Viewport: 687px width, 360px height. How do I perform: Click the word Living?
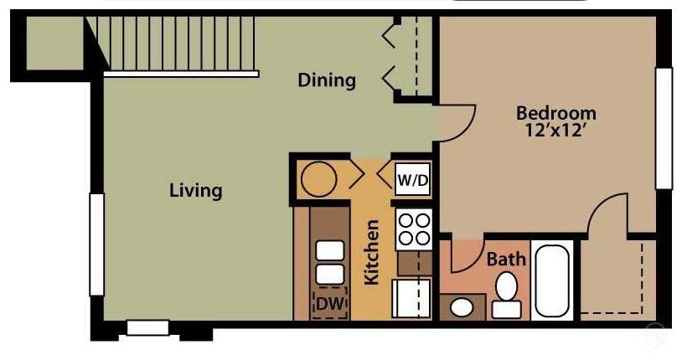tap(196, 190)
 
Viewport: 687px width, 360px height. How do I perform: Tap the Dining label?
tap(327, 80)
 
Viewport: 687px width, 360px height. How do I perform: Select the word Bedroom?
tap(555, 112)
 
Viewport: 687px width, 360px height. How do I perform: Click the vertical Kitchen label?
tap(372, 252)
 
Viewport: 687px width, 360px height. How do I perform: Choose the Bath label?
tap(506, 260)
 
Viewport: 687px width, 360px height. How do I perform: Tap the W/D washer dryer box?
tap(412, 179)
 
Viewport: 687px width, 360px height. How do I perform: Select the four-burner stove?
tap(412, 229)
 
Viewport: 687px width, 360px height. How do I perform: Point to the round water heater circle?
tap(318, 178)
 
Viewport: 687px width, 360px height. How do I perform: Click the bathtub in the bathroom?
tap(552, 280)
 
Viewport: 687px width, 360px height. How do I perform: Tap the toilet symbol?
tap(505, 296)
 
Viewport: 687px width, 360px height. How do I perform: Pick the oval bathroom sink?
tap(461, 306)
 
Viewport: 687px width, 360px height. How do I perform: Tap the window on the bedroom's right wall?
tap(664, 127)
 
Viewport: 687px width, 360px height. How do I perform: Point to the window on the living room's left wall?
tap(96, 244)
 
